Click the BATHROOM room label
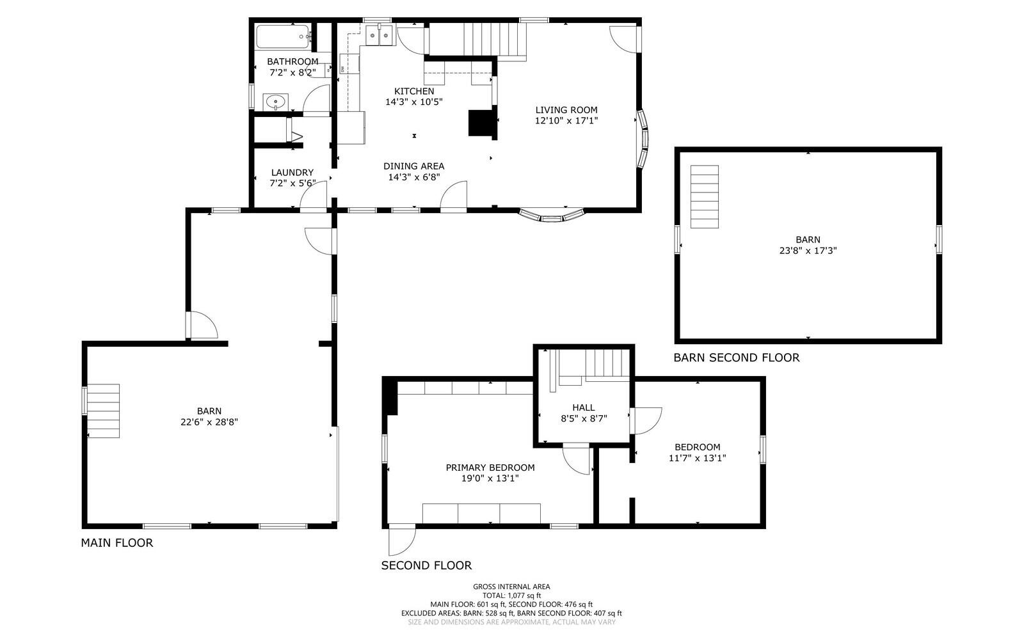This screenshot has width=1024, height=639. pyautogui.click(x=292, y=61)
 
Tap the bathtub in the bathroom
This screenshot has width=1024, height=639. pyautogui.click(x=282, y=37)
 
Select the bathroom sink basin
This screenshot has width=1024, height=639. pyautogui.click(x=276, y=101)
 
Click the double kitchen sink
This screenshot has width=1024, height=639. pyautogui.click(x=378, y=37)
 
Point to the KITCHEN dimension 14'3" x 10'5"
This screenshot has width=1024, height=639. pyautogui.click(x=413, y=102)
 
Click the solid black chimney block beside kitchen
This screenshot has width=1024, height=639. pyautogui.click(x=482, y=123)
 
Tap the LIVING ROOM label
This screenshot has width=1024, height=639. pyautogui.click(x=566, y=110)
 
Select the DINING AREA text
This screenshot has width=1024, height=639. pyautogui.click(x=413, y=166)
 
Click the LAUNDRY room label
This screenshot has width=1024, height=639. pyautogui.click(x=292, y=173)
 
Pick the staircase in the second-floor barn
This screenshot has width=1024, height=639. pyautogui.click(x=705, y=196)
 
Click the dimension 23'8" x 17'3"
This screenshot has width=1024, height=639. pyautogui.click(x=808, y=251)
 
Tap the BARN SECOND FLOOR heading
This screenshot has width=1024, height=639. pyautogui.click(x=736, y=358)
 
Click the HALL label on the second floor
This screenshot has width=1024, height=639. pyautogui.click(x=583, y=407)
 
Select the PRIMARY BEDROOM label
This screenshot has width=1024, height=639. pyautogui.click(x=490, y=468)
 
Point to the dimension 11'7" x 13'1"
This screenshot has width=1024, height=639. pyautogui.click(x=697, y=458)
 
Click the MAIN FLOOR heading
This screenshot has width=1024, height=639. pyautogui.click(x=116, y=543)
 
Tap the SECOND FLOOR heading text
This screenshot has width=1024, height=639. pyautogui.click(x=426, y=565)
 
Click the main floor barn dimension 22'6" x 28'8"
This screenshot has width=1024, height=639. pyautogui.click(x=209, y=422)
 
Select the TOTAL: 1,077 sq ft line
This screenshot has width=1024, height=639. pyautogui.click(x=511, y=596)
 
